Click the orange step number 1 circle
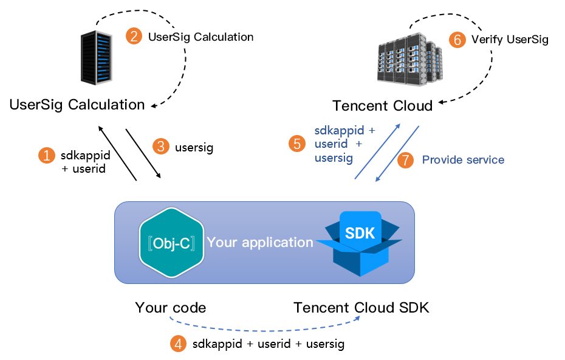46,156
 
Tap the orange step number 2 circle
134,36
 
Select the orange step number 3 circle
161,147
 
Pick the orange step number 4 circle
178,344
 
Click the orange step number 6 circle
457,40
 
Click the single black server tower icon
97,58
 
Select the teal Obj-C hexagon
171,243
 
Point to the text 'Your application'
260,242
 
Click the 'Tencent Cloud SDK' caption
361,308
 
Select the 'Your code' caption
171,308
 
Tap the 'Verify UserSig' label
510,40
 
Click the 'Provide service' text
463,160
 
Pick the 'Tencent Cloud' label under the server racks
383,106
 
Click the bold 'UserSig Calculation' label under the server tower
77,105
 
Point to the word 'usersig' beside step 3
194,147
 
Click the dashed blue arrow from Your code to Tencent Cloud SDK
267,330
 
